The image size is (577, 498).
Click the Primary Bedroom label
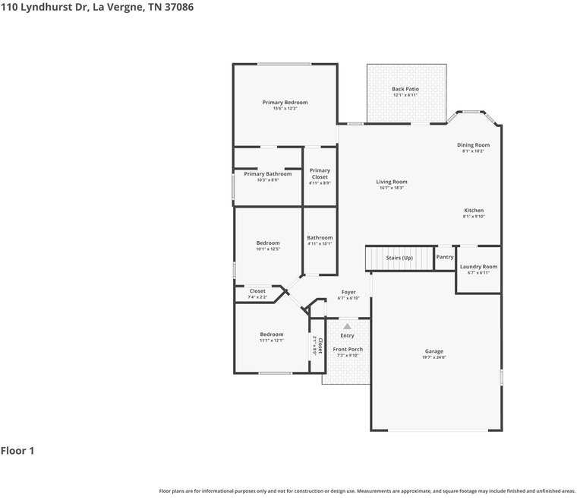pyautogui.click(x=285, y=103)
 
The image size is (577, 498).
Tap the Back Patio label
pyautogui.click(x=405, y=89)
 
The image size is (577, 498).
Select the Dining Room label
pyautogui.click(x=473, y=145)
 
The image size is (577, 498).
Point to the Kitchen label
pyautogui.click(x=474, y=211)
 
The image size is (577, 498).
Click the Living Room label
pyautogui.click(x=392, y=182)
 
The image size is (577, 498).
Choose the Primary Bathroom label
pyautogui.click(x=267, y=174)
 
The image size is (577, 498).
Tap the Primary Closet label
pyautogui.click(x=320, y=174)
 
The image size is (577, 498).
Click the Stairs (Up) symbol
pyautogui.click(x=399, y=259)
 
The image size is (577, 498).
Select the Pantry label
pyautogui.click(x=445, y=257)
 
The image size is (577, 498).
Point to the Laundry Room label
pyautogui.click(x=478, y=267)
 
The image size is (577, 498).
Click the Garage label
pyautogui.click(x=434, y=351)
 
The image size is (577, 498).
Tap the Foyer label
pyautogui.click(x=348, y=292)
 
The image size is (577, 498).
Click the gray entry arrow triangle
pyautogui.click(x=347, y=326)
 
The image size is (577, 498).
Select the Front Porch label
pyautogui.click(x=348, y=350)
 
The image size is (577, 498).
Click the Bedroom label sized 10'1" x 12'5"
pyautogui.click(x=268, y=243)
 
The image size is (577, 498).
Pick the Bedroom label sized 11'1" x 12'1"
pyautogui.click(x=272, y=335)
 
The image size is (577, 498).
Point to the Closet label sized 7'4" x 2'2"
pyautogui.click(x=257, y=291)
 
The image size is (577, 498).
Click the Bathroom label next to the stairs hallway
pyautogui.click(x=320, y=238)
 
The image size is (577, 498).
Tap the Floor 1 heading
pyautogui.click(x=17, y=451)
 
